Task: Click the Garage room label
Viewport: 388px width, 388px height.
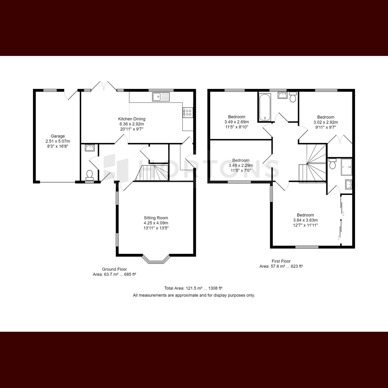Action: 58,136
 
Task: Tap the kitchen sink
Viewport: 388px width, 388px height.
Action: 161,97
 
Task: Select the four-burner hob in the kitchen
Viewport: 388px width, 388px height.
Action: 188,112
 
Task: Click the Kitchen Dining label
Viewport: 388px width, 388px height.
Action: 132,119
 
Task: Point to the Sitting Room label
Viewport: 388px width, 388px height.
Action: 156,218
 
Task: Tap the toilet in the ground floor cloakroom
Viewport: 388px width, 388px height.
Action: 89,175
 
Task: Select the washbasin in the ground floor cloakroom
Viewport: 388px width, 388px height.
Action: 90,148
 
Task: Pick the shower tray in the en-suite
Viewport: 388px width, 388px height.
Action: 346,167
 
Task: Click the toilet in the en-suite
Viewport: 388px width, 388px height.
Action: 332,164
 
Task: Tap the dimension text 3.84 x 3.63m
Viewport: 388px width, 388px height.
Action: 305,220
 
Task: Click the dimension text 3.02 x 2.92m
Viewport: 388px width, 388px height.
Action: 326,122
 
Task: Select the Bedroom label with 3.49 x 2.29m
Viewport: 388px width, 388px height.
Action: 241,160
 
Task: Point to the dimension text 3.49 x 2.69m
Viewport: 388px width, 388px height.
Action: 237,122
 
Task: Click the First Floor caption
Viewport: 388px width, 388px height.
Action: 281,261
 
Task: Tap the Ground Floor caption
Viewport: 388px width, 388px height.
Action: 114,269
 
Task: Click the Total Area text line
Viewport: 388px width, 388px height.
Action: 193,288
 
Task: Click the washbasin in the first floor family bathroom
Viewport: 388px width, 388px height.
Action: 283,95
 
